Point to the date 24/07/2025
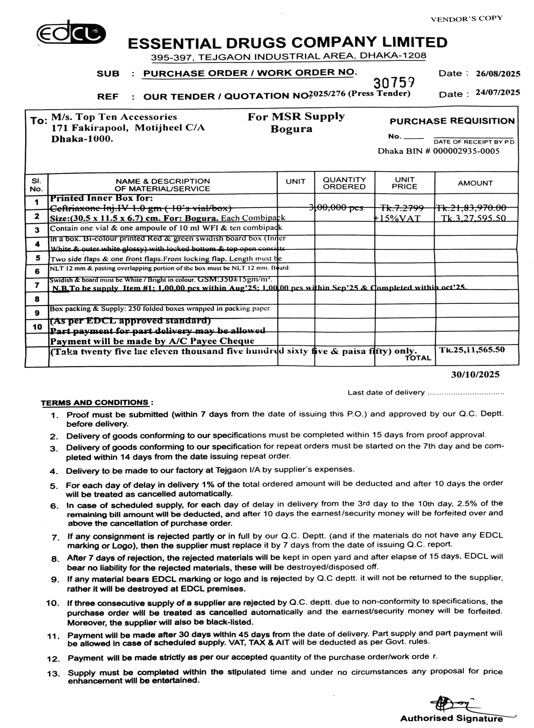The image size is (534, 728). (x=498, y=93)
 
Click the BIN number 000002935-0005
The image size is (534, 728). (x=466, y=151)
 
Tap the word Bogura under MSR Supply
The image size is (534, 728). (x=291, y=129)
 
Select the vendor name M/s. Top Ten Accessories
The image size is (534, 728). (x=114, y=117)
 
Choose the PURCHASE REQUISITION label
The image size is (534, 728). (x=452, y=121)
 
